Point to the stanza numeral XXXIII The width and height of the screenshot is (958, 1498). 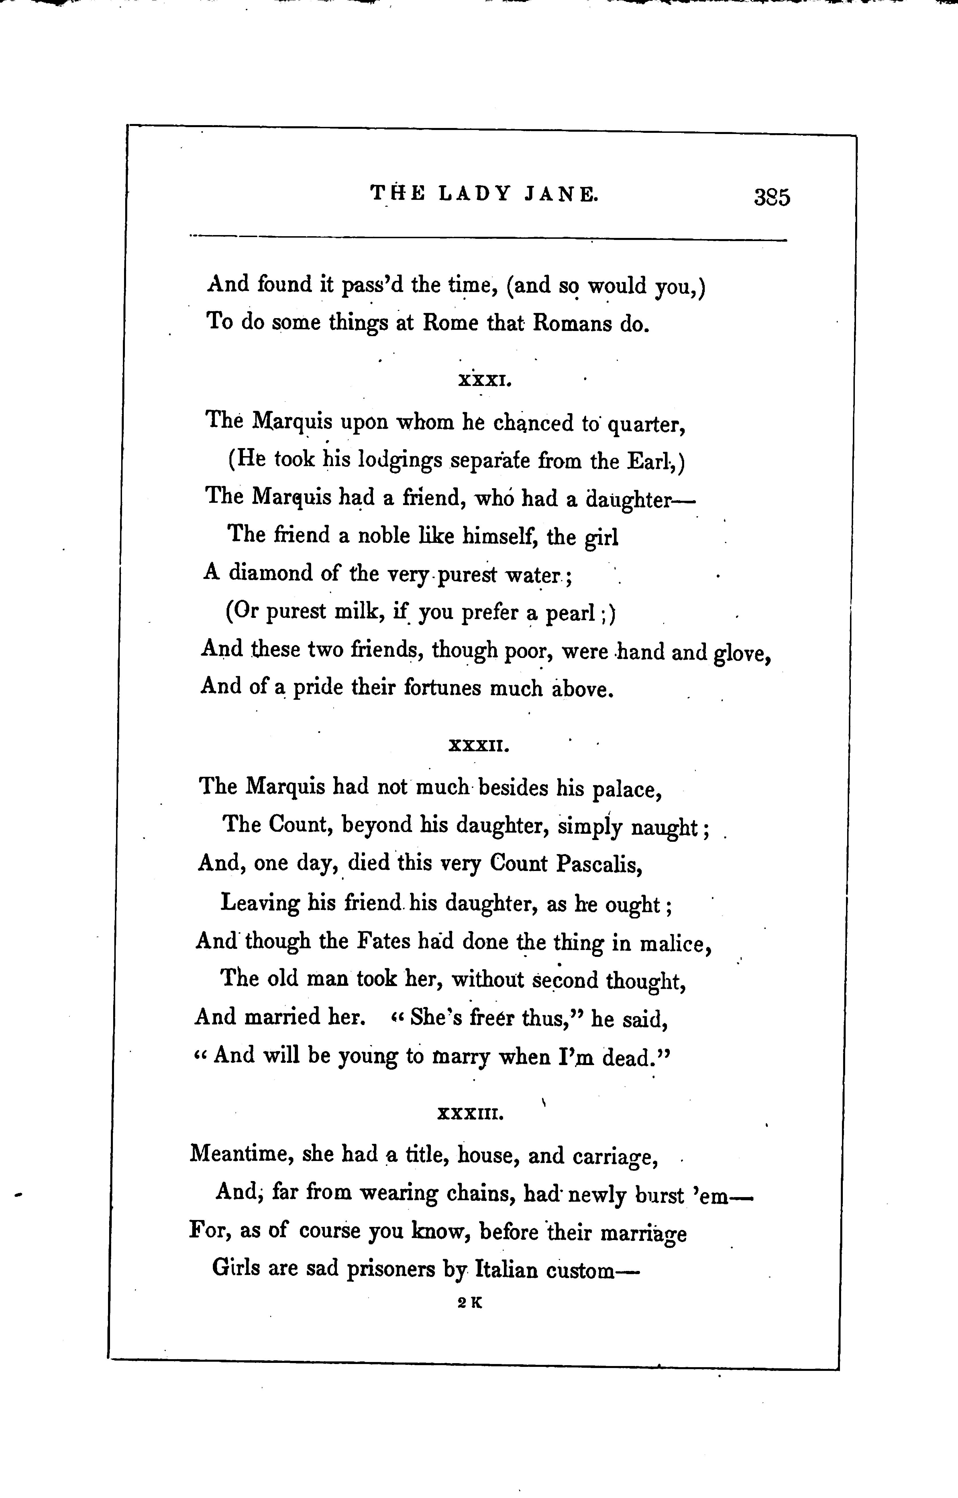(x=471, y=1113)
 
